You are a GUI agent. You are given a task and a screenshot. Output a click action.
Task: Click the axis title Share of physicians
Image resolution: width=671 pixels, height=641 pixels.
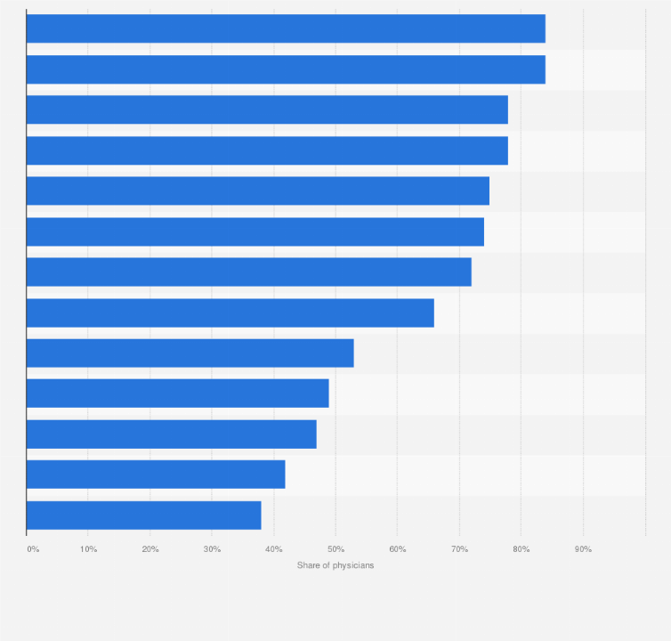(335, 566)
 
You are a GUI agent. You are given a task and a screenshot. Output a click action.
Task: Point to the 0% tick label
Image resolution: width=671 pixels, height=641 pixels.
(33, 549)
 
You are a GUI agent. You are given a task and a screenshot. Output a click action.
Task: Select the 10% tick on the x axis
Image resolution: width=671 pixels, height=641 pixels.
(88, 549)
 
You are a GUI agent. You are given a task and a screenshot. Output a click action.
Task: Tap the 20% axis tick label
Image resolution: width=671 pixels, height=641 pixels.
(150, 549)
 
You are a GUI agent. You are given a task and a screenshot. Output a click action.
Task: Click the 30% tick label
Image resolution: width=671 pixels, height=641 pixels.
(212, 549)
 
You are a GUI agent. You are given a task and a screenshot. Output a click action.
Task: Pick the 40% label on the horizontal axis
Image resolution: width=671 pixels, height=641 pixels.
(274, 549)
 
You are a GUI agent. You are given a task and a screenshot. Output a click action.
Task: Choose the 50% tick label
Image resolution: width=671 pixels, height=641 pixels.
(335, 549)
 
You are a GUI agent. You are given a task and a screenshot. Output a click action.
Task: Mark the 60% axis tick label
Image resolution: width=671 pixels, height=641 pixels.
(398, 549)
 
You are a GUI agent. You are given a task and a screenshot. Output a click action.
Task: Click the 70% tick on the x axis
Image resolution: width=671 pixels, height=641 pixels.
(459, 549)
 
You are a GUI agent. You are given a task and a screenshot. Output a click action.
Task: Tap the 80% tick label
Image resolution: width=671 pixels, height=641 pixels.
(521, 549)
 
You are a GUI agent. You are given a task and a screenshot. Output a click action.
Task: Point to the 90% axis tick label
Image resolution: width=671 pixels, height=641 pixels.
(583, 549)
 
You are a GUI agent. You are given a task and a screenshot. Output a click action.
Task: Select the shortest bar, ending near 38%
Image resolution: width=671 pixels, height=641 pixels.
(143, 515)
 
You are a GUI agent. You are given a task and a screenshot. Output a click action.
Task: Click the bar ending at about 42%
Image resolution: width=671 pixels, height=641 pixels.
(156, 475)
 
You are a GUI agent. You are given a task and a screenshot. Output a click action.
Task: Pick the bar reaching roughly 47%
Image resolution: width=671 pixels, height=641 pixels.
(171, 434)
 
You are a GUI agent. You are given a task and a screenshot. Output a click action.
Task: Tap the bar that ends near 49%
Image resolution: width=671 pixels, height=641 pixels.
(177, 394)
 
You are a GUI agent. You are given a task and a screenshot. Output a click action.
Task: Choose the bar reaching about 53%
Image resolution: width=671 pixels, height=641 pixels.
(190, 353)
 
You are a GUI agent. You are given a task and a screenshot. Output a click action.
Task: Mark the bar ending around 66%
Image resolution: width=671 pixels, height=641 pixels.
(230, 312)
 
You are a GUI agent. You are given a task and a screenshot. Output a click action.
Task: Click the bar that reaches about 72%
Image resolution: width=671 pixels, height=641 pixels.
(248, 272)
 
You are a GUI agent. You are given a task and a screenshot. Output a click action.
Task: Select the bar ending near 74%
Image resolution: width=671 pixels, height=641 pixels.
(255, 231)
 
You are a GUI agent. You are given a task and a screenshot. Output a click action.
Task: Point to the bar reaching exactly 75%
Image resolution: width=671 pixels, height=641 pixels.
(257, 191)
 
